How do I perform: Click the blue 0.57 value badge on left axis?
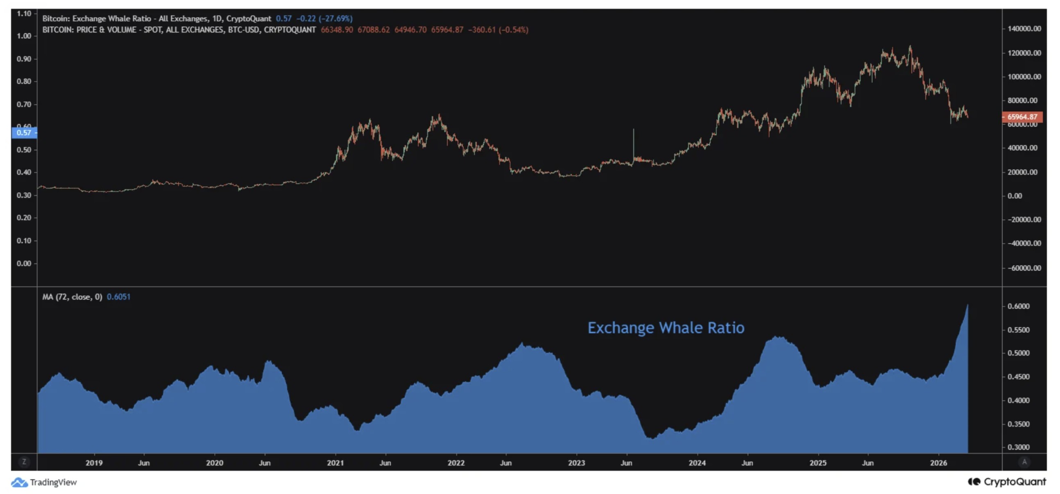24,133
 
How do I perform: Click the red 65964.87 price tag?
1022,117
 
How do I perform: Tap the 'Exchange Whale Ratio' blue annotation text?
666,328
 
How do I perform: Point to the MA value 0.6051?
118,297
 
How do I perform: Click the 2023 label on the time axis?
576,463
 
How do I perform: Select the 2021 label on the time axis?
335,463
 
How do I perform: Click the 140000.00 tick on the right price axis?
1024,29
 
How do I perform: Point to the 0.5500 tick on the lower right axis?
1018,330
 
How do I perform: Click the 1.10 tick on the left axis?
24,14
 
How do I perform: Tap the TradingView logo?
44,482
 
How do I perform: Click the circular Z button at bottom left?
24,462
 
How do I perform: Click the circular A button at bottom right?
1024,462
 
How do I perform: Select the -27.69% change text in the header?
335,18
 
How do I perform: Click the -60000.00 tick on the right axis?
1024,268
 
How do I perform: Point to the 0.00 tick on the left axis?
24,263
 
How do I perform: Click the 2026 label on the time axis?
938,463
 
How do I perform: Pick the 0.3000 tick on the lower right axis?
1018,447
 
